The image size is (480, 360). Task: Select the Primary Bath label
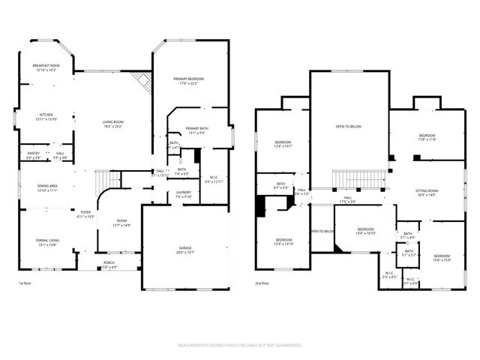(x=196, y=130)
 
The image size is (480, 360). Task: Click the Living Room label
(x=113, y=124)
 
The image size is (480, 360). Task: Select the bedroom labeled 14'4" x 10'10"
(x=365, y=231)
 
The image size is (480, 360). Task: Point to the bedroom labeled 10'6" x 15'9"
(x=442, y=258)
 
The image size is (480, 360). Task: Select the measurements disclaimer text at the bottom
(x=239, y=346)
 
